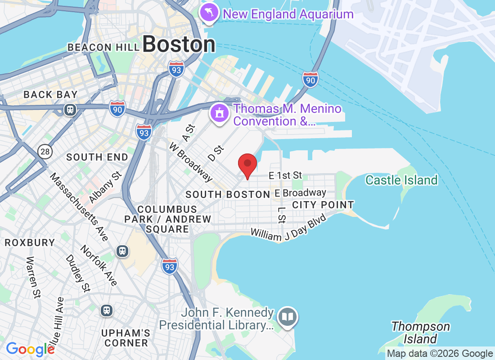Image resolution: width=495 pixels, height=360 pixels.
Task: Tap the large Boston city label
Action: coord(179,45)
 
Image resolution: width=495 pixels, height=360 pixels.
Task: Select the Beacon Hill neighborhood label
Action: coord(90,47)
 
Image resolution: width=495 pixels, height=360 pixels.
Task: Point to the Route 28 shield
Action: coord(45,151)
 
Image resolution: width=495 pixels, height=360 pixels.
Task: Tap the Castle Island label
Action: coord(401,180)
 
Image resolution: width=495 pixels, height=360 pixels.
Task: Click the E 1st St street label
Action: coord(285,175)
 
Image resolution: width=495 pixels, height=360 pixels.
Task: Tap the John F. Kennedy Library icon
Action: coord(287,317)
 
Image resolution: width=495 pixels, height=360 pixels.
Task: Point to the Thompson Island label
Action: coord(420,332)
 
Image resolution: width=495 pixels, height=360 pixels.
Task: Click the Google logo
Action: coord(30,349)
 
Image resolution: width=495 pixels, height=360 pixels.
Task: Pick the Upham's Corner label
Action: coord(125,338)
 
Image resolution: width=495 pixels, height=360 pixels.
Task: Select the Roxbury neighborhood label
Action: coord(30,243)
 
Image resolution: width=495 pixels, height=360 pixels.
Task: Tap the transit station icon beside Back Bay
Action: coord(70,109)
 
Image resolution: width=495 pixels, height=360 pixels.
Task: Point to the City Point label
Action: coord(323,205)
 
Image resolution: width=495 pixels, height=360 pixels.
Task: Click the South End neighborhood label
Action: coord(97,157)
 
